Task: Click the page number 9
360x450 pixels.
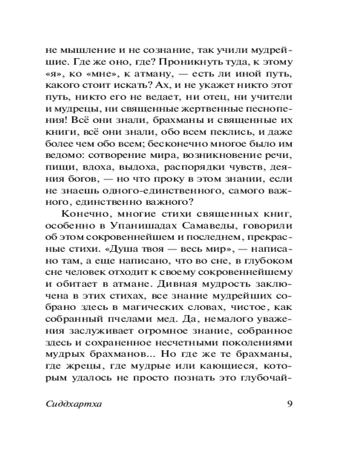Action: tap(289, 403)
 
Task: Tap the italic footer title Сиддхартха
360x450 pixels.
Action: tap(74, 403)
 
